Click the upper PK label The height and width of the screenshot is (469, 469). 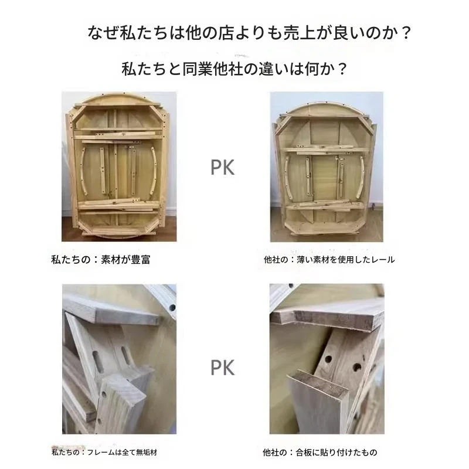pyautogui.click(x=223, y=168)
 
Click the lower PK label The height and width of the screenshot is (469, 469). pyautogui.click(x=223, y=368)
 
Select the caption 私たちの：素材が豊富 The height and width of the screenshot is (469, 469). pyautogui.click(x=100, y=259)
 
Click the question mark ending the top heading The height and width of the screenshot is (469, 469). pyautogui.click(x=406, y=33)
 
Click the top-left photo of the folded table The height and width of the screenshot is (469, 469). pyautogui.click(x=119, y=166)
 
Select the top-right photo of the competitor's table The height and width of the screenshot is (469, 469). pyautogui.click(x=327, y=166)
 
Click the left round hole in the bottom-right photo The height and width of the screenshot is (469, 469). pyautogui.click(x=328, y=358)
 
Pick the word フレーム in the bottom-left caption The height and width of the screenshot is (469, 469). pyautogui.click(x=101, y=452)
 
